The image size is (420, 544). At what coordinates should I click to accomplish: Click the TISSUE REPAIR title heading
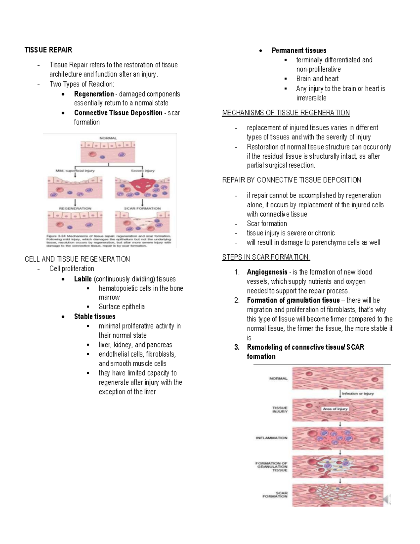click(48, 50)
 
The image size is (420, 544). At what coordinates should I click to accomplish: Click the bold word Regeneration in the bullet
click(94, 94)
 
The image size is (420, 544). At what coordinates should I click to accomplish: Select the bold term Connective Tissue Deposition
click(118, 113)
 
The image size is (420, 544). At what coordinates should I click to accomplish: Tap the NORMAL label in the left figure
click(108, 138)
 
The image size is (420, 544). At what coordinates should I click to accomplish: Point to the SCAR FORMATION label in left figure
click(142, 208)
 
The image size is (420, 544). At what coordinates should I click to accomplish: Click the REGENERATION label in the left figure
click(75, 208)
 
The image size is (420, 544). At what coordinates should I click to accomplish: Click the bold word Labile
click(83, 279)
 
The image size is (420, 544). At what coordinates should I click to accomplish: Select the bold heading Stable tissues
click(94, 316)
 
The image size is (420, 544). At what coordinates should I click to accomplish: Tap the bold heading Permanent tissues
click(299, 50)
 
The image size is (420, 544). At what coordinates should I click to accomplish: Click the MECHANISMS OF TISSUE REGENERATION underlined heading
click(286, 113)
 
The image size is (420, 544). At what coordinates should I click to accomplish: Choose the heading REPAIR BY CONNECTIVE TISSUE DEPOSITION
click(291, 180)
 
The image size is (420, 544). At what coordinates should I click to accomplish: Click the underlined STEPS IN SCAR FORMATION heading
click(266, 257)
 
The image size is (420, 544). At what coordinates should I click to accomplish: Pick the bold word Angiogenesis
click(267, 272)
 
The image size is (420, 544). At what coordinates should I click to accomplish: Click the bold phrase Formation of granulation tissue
click(293, 300)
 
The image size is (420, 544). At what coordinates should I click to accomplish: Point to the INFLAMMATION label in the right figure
click(271, 438)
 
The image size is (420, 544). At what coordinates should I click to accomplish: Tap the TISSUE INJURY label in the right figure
click(280, 409)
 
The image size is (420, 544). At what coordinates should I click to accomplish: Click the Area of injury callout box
click(335, 409)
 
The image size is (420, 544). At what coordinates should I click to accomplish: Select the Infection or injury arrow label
click(358, 393)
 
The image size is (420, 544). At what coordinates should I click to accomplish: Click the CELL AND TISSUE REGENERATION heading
click(77, 259)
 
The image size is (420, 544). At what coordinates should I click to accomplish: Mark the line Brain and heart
click(317, 79)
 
